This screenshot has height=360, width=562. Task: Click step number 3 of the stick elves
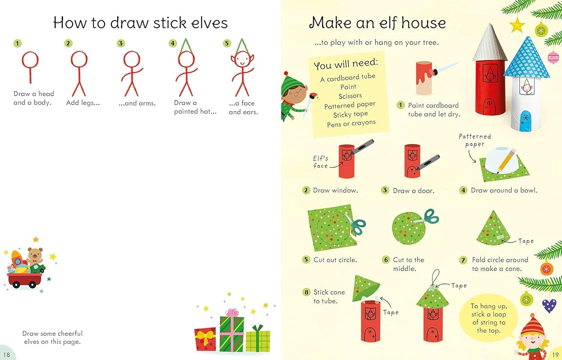pyautogui.click(x=121, y=43)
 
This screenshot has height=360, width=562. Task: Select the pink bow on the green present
pyautogui.click(x=232, y=312)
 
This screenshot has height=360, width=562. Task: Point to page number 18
pyautogui.click(x=6, y=355)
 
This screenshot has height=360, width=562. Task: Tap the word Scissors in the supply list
pyautogui.click(x=350, y=96)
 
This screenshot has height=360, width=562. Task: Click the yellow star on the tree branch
pyautogui.click(x=517, y=25)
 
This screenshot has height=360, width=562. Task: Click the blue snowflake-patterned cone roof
pyautogui.click(x=526, y=58)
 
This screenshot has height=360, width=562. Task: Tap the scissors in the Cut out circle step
pyautogui.click(x=356, y=224)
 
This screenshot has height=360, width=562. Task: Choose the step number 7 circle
pyautogui.click(x=463, y=260)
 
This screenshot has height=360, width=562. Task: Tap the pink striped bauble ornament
pyautogui.click(x=553, y=58)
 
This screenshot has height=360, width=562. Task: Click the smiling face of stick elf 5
pyautogui.click(x=242, y=59)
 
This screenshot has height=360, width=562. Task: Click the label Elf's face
pyautogui.click(x=320, y=162)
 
